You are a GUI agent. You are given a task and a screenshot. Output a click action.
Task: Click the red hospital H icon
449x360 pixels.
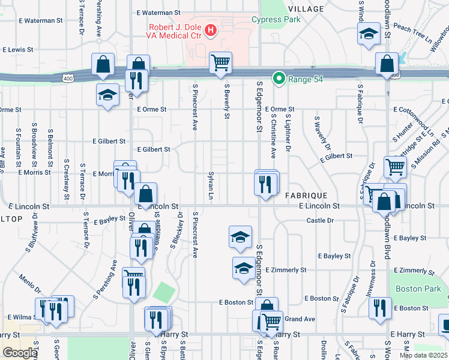click(211, 30)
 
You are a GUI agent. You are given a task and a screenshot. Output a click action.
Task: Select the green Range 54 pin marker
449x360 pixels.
click(279, 78)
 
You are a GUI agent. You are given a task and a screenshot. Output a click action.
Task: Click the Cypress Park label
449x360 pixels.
click(276, 19)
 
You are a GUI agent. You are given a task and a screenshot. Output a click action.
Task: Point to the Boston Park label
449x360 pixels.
click(418, 289)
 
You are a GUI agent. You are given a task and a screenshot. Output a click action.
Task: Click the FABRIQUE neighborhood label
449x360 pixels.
click(306, 196)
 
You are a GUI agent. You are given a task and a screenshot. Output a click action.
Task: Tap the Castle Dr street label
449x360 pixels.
click(320, 221)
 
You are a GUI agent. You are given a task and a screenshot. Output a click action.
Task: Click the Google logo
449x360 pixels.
click(20, 353)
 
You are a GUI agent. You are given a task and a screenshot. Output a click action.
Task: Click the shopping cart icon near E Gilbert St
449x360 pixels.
click(395, 167)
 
